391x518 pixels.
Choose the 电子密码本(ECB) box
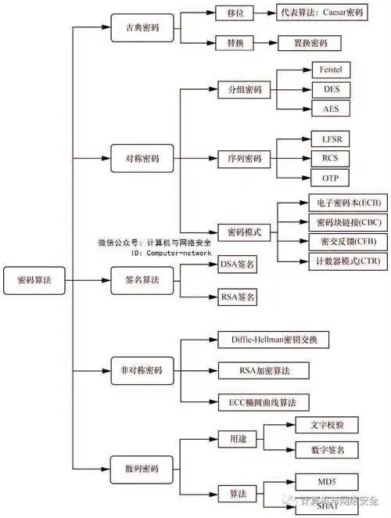pos(343,203)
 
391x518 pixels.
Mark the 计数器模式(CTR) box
pos(343,261)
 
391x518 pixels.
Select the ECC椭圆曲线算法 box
pos(263,403)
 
